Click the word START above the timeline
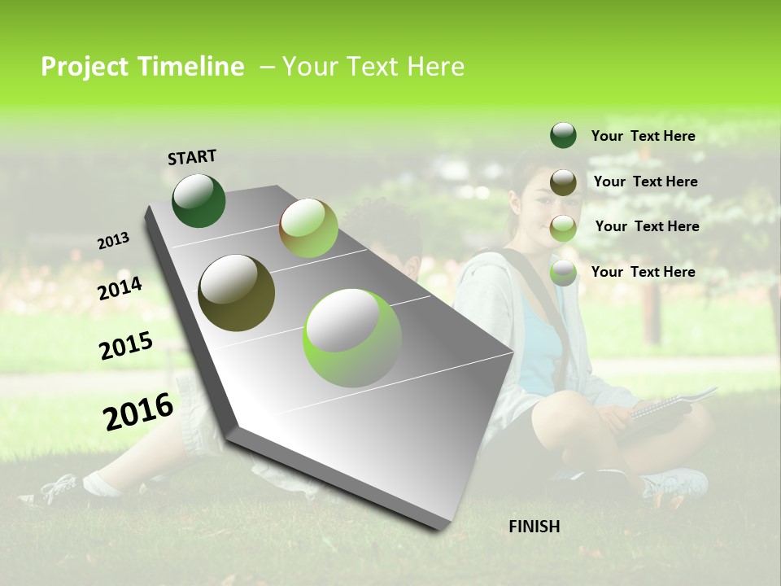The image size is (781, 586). tap(192, 157)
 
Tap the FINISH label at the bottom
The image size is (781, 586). tap(534, 527)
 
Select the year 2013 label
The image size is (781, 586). tap(113, 241)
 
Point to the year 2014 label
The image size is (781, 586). tap(120, 288)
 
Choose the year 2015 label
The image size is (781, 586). tap(126, 346)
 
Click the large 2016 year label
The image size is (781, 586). tap(138, 411)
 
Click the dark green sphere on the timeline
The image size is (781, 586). tap(199, 200)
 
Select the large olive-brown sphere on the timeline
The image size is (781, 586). tap(236, 293)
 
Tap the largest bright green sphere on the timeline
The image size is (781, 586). tap(352, 338)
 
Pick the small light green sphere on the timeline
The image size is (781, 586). tap(308, 228)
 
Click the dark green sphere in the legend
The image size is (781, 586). tap(563, 136)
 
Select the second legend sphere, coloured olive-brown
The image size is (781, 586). tap(563, 181)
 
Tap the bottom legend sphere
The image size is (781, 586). tap(563, 272)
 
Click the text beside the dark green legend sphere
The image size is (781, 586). tap(643, 137)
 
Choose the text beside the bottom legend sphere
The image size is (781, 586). tap(643, 272)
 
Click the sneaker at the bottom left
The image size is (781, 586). tap(53, 491)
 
